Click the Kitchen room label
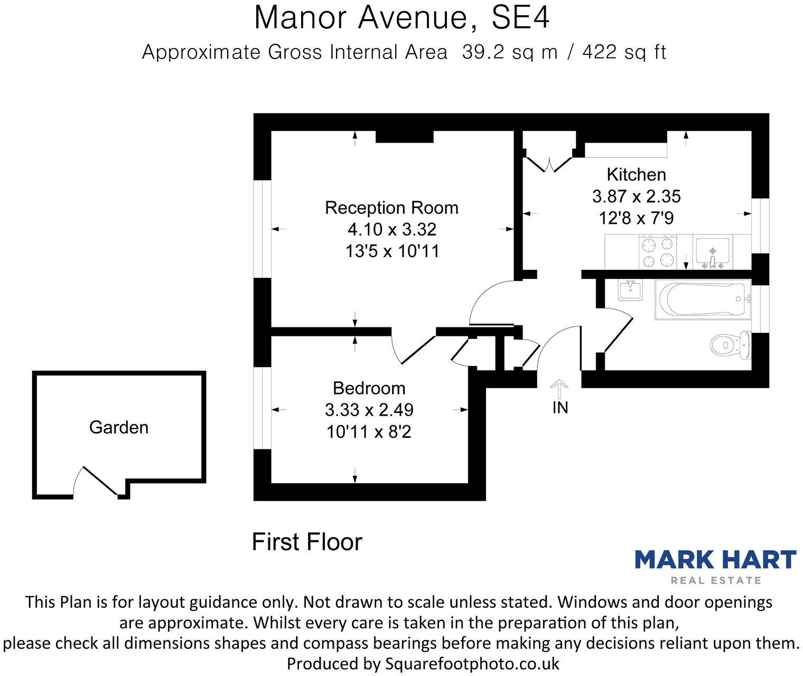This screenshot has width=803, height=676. [x=636, y=174]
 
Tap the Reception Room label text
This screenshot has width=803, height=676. [x=391, y=208]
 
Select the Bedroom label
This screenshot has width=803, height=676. [x=369, y=388]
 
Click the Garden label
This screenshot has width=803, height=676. [x=118, y=427]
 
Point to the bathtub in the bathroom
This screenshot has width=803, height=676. [x=702, y=299]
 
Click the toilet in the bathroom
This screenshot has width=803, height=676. [x=729, y=345]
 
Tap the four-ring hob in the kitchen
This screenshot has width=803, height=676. [x=659, y=252]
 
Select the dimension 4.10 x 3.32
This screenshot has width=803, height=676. [x=391, y=229]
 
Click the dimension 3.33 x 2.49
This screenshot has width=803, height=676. [x=369, y=410]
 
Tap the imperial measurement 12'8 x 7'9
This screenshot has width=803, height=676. [x=636, y=218]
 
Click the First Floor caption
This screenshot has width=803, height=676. [x=307, y=542]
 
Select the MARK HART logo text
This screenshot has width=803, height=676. [x=715, y=559]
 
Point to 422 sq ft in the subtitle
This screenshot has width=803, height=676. [x=623, y=52]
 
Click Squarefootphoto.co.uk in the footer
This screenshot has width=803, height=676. [x=472, y=663]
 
